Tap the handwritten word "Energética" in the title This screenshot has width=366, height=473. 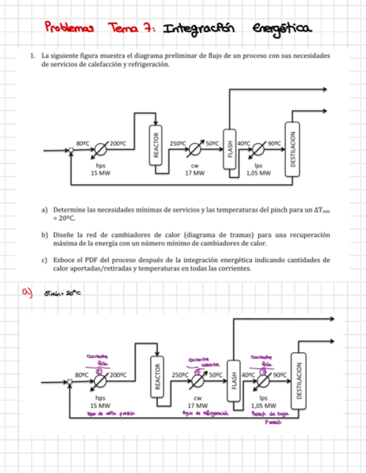click(282, 28)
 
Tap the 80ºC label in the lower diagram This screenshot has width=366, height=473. click(81, 375)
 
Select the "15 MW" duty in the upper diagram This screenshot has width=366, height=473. click(100, 173)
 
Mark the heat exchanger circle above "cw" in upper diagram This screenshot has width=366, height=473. click(195, 150)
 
